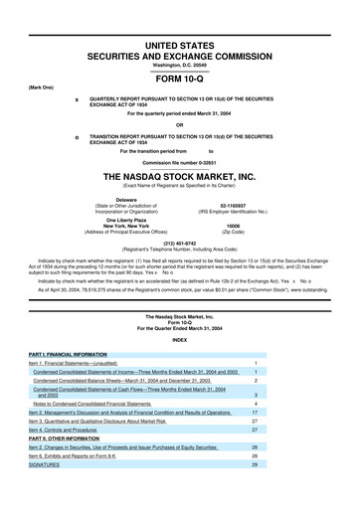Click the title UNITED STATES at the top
(180, 9)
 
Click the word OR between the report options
(180, 124)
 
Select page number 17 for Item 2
(283, 412)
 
